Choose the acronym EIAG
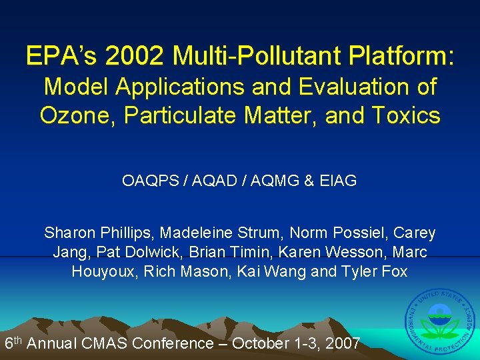coord(338,181)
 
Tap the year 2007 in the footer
coord(342,343)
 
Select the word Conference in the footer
coord(172,343)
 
